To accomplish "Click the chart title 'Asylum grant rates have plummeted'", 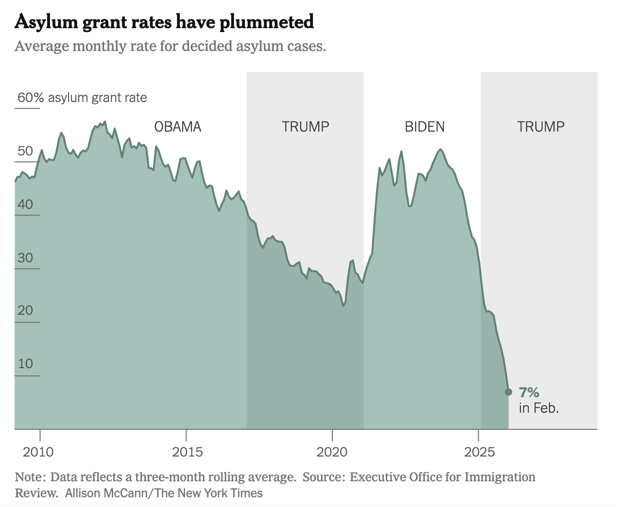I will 164,22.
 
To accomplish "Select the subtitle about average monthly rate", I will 170,47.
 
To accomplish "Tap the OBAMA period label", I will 177,127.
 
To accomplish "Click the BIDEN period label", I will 425,127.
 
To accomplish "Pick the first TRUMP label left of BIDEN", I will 306,127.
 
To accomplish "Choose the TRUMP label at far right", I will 540,127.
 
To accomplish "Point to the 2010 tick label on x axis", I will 38,452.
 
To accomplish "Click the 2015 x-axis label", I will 187,452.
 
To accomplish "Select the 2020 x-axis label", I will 332,452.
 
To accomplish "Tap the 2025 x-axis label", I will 479,452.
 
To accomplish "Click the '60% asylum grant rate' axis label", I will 82,98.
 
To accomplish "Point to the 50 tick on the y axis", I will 25,151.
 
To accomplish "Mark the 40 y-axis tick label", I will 25,204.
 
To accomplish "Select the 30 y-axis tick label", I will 25,258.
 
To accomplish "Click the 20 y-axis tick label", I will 25,310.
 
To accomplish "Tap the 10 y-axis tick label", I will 25,364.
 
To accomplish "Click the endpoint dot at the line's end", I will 508,392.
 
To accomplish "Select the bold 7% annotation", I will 529,392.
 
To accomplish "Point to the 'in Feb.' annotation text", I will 538,408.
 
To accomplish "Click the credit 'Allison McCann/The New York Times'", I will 164,493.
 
